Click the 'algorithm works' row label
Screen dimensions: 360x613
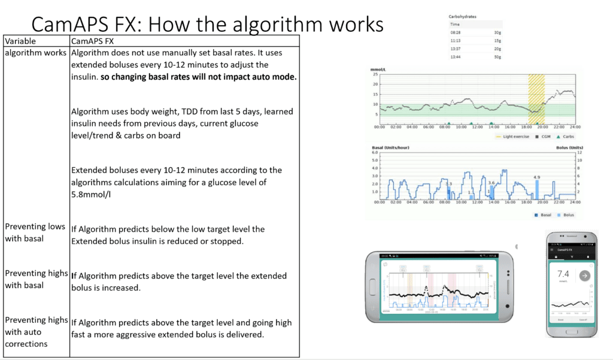(x=35, y=53)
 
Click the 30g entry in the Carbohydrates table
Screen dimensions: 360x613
(x=497, y=32)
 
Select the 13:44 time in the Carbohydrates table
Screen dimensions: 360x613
(x=456, y=56)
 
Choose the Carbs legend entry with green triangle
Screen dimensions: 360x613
(x=564, y=137)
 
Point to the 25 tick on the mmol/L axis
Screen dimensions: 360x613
(x=375, y=74)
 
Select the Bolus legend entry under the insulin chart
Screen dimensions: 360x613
(x=566, y=214)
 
